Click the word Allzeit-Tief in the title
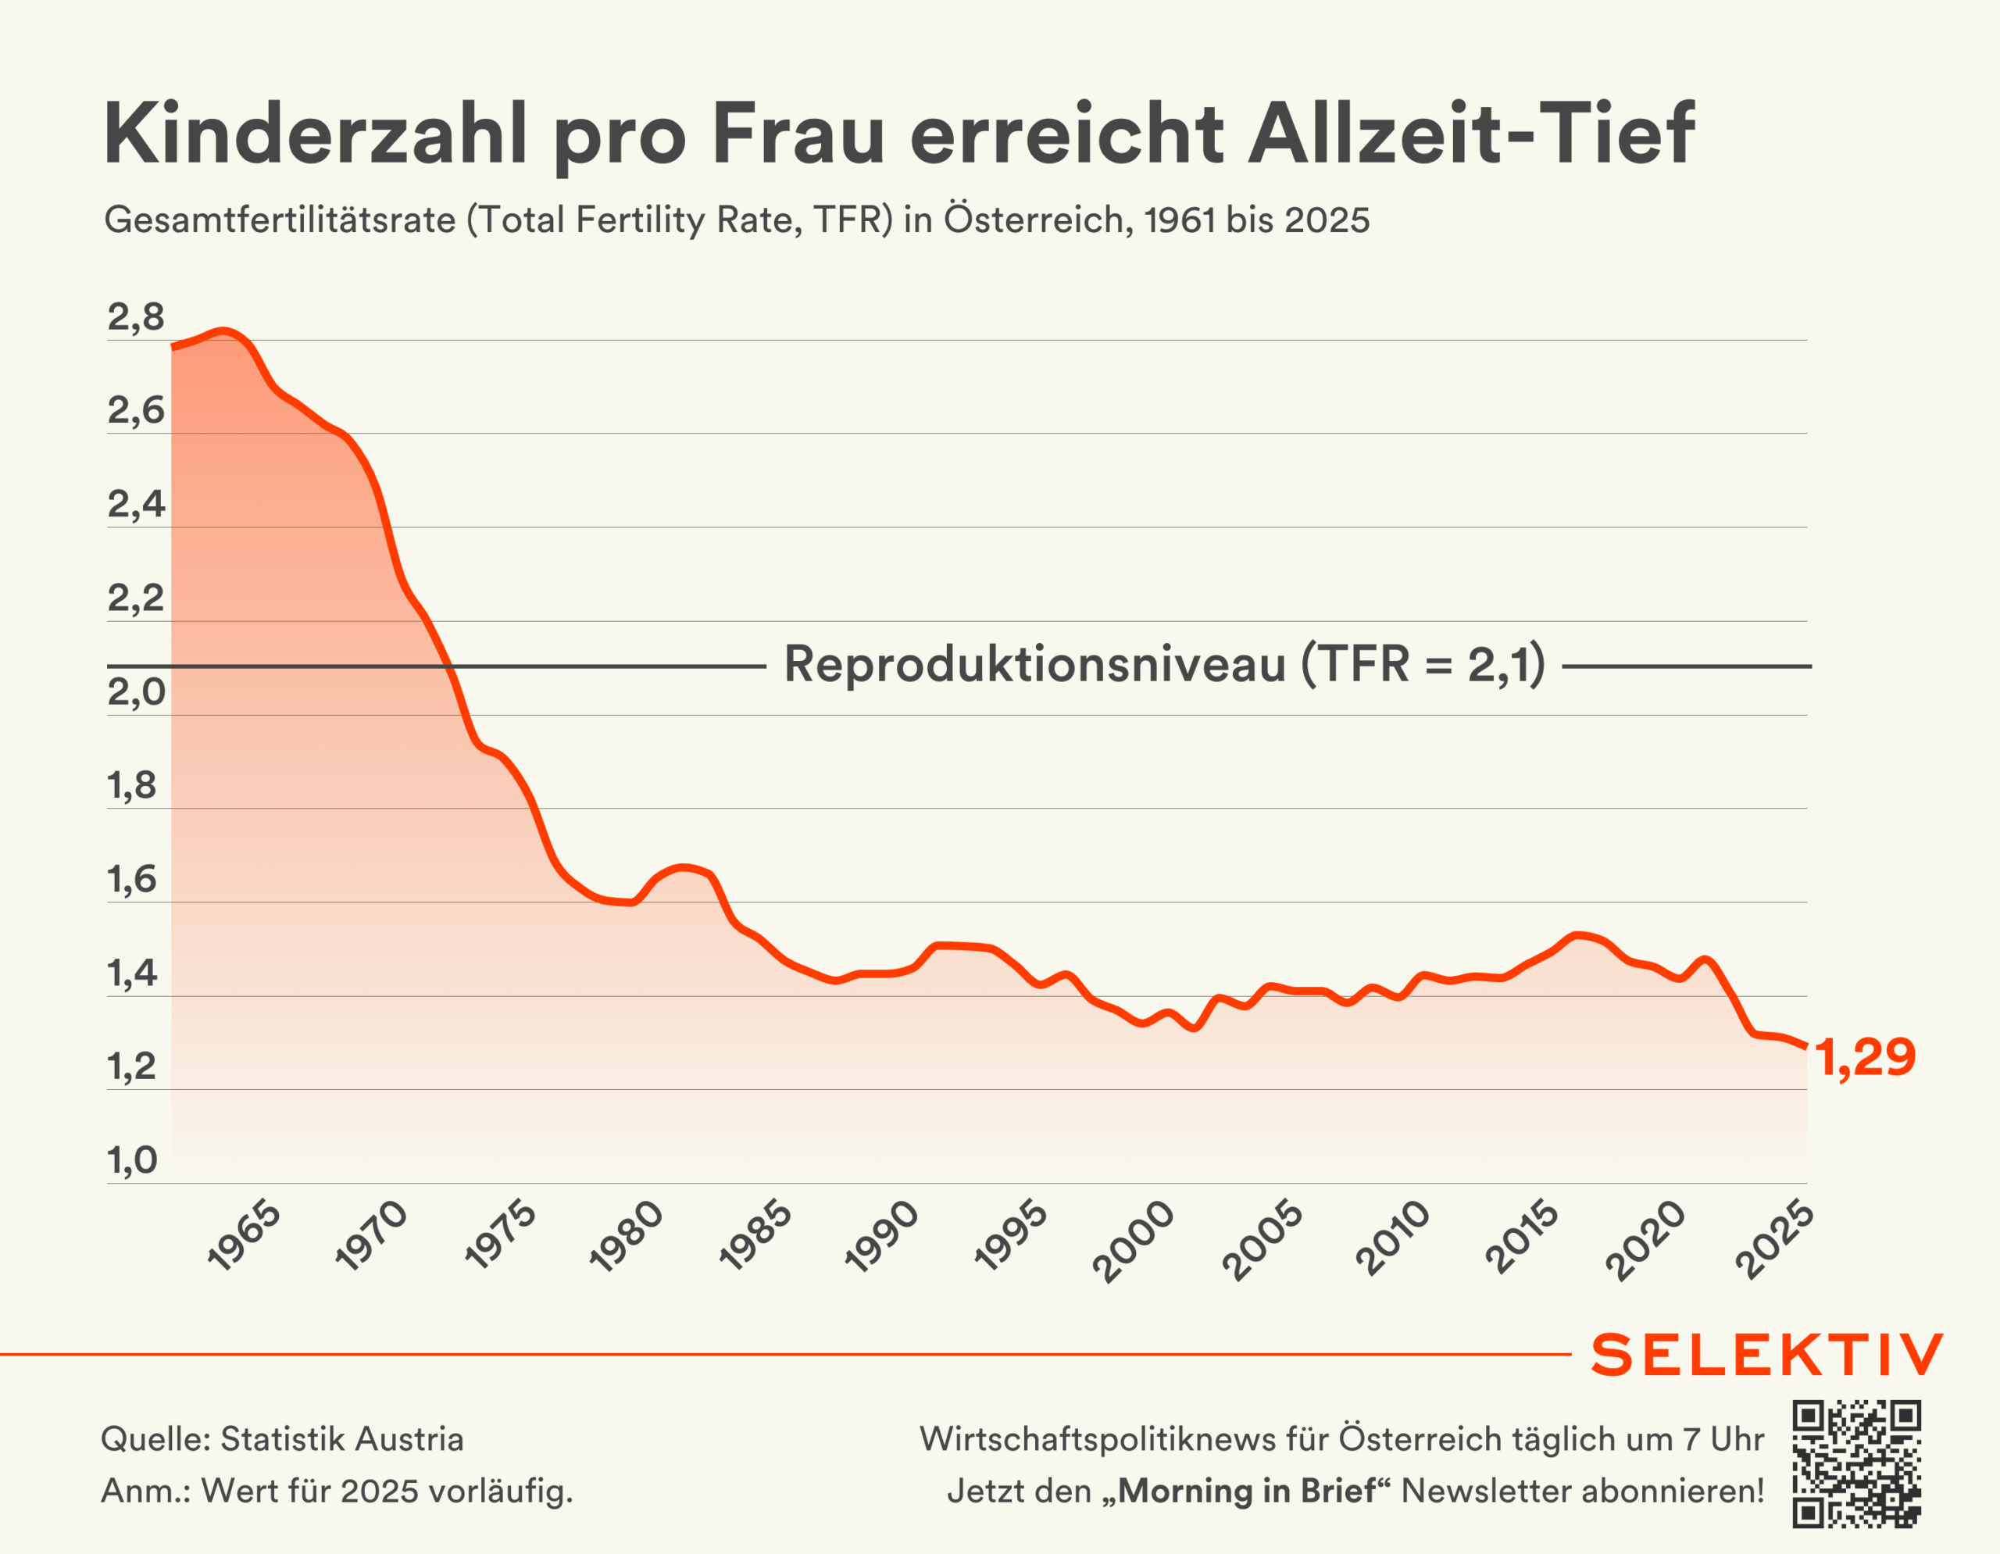[x=1470, y=134]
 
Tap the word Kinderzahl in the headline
[x=315, y=134]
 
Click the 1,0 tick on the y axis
[x=133, y=1160]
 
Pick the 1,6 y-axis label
[x=133, y=879]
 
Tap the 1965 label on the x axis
[x=245, y=1235]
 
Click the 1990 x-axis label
[x=881, y=1236]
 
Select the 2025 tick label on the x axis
[x=1773, y=1239]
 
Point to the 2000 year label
[x=1133, y=1240]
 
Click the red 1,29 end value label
[x=1865, y=1058]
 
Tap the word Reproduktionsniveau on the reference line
[x=1035, y=664]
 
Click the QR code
[x=1856, y=1463]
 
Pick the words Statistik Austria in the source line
[x=341, y=1438]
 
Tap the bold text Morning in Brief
[x=1246, y=1491]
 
